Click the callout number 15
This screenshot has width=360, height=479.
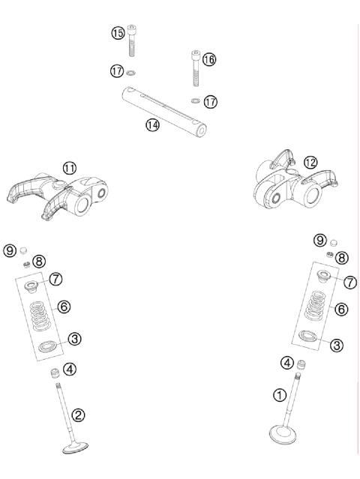(x=118, y=33)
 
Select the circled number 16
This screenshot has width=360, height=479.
(x=209, y=59)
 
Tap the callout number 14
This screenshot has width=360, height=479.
(x=152, y=125)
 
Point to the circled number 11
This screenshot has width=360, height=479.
(x=69, y=169)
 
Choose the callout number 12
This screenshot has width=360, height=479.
(x=310, y=162)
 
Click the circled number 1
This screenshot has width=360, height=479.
(x=279, y=394)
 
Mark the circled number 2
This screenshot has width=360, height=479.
(x=79, y=414)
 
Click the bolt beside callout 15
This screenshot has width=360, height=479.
(x=132, y=41)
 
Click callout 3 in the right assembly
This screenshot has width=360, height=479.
(x=337, y=345)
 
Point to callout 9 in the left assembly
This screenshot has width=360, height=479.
(x=10, y=250)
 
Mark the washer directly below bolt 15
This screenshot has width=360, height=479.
(x=132, y=73)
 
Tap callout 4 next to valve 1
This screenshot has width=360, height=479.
(x=286, y=364)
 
